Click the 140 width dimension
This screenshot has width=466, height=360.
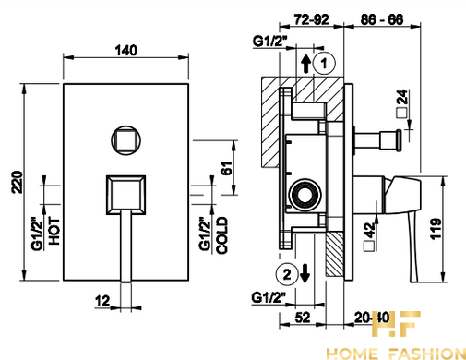pos(126,50)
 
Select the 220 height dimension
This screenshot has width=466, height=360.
pos(18,182)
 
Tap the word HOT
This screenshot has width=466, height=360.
pos(54,231)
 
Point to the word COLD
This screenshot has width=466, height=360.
pos(222,235)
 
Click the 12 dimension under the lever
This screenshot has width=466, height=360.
pos(102,301)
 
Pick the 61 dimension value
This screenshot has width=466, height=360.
pos(227,168)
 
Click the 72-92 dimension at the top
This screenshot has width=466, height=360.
pos(311,19)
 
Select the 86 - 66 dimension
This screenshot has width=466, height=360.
pos(382,19)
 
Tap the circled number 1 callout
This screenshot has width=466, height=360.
pos(324,64)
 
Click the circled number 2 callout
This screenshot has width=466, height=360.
pos(287,274)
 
